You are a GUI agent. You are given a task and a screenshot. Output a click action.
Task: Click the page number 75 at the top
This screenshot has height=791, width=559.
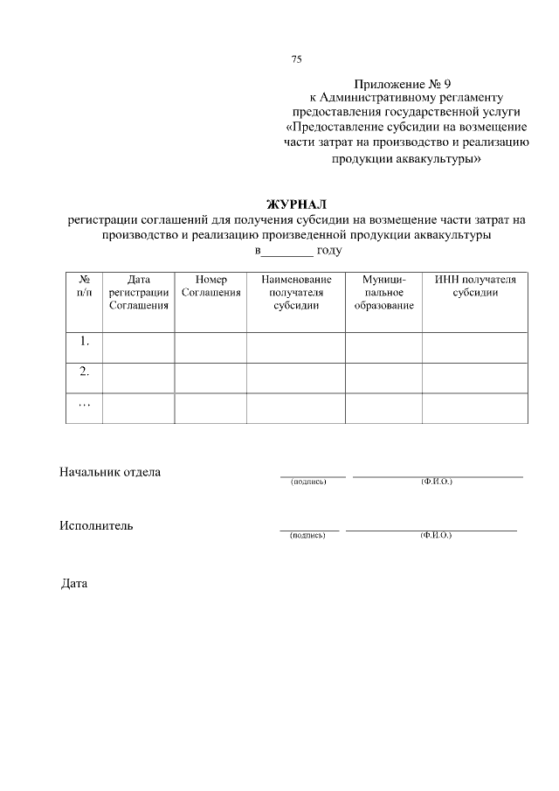(296, 59)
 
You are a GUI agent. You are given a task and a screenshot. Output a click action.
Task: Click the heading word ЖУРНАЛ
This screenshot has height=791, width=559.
(295, 205)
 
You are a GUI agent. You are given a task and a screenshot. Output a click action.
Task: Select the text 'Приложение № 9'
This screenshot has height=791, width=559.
(402, 82)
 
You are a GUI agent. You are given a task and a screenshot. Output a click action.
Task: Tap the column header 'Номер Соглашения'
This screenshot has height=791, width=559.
(210, 286)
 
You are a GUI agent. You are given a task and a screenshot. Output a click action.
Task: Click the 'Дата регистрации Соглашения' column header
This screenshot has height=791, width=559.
(138, 293)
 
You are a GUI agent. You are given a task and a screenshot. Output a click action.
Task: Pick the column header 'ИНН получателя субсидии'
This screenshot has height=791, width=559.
(475, 286)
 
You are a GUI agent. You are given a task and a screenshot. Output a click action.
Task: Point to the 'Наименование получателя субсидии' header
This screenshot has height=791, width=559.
(295, 293)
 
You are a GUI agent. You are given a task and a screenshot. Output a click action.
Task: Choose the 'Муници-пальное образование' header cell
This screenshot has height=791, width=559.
(383, 293)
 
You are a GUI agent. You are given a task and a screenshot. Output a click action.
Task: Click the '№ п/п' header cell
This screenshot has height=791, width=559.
(84, 286)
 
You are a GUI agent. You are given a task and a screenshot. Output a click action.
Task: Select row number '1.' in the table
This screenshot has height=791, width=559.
(84, 342)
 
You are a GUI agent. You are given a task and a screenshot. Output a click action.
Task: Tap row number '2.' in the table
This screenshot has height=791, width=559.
(84, 371)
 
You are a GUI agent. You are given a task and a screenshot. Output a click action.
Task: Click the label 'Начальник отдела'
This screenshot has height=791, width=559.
(110, 473)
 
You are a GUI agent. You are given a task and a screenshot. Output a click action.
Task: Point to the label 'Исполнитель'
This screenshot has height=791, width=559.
(96, 525)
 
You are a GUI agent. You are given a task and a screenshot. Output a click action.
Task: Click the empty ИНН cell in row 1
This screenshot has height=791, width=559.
(475, 346)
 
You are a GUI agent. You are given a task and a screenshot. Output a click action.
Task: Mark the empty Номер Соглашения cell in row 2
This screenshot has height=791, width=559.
(210, 378)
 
